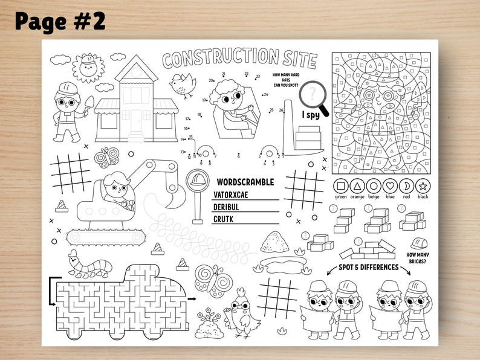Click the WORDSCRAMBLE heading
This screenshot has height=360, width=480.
[245, 182]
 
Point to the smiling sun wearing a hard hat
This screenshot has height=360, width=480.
[88, 66]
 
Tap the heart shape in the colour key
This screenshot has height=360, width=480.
[390, 186]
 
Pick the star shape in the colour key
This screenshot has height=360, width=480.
[423, 186]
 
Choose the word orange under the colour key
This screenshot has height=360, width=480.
[357, 197]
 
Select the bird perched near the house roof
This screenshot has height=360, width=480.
[182, 84]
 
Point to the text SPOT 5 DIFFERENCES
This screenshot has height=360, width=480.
[368, 267]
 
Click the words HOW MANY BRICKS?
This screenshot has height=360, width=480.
[418, 258]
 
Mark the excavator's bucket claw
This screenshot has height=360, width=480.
[176, 195]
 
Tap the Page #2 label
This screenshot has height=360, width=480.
[60, 21]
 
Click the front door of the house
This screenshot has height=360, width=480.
[137, 117]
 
